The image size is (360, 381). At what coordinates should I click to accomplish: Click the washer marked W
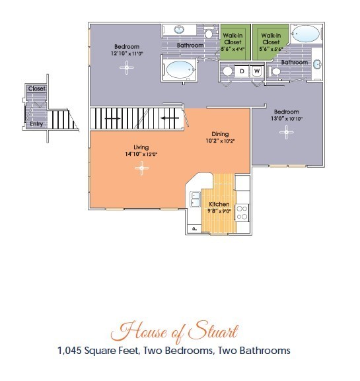[x=257, y=71]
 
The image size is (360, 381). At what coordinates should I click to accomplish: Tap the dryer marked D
[x=242, y=71]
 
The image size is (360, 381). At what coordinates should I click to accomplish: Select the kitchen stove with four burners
[x=242, y=213]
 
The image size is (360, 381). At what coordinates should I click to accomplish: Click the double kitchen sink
[x=195, y=199]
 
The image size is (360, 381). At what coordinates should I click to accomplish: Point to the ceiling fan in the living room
[x=142, y=168]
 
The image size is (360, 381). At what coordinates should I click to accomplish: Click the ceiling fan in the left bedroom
[x=127, y=67]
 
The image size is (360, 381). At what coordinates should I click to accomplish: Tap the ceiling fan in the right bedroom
[x=286, y=132]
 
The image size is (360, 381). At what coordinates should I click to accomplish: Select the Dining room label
[x=220, y=134]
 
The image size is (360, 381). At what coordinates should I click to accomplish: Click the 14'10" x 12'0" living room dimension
[x=141, y=154]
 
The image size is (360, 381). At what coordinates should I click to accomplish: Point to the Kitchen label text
[x=219, y=204]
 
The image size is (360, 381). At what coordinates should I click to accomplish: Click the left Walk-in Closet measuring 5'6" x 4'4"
[x=233, y=42]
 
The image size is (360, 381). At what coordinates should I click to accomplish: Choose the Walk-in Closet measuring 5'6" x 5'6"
[x=271, y=42]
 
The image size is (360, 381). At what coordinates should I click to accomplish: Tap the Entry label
[x=36, y=124]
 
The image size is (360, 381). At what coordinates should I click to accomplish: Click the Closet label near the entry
[x=37, y=88]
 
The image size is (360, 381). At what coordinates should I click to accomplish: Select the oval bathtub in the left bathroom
[x=180, y=70]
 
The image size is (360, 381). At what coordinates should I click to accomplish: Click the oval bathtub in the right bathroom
[x=306, y=34]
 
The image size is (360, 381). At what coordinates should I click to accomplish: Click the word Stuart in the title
[x=213, y=331]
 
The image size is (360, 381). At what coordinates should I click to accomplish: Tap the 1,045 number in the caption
[x=69, y=351]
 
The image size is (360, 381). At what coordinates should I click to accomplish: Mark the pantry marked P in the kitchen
[x=194, y=228]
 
